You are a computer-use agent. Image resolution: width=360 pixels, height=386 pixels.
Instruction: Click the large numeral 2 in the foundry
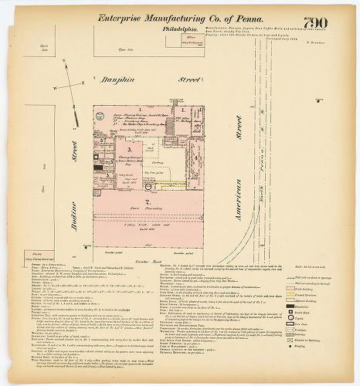tap(138, 201)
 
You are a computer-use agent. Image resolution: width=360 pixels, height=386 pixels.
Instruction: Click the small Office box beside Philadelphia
tap(190, 36)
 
